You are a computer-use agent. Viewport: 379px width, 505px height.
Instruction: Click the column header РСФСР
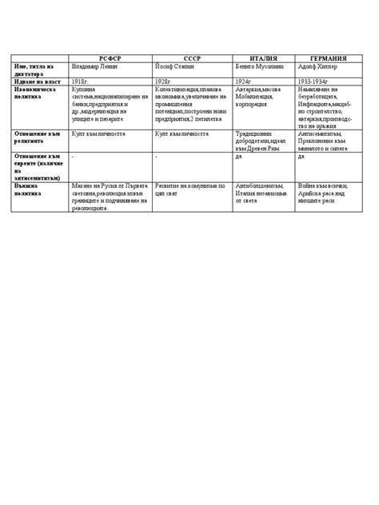tap(110, 59)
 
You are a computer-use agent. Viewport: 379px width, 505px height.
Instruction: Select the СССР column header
tap(192, 59)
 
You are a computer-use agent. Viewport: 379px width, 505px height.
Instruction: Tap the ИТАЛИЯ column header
tap(264, 59)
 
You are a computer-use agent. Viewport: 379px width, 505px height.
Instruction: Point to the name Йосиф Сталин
tap(177, 67)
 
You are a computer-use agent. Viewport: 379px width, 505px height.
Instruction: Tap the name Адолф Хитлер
tap(317, 67)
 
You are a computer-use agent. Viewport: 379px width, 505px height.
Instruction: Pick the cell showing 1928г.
tap(163, 82)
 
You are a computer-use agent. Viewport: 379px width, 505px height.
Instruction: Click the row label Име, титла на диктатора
tap(34, 70)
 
